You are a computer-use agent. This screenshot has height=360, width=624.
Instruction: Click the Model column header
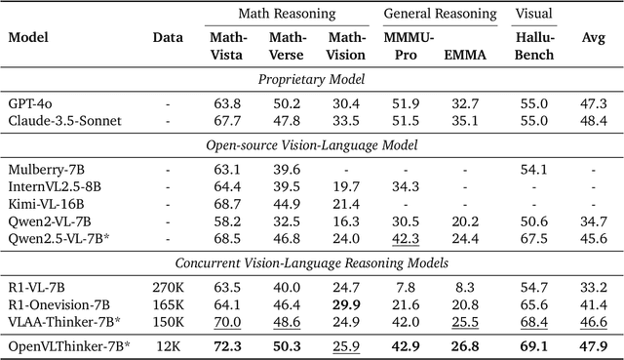coord(28,38)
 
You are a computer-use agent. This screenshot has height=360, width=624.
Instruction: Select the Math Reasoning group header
coord(287,15)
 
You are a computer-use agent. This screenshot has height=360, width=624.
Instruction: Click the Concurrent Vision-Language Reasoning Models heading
coord(311,262)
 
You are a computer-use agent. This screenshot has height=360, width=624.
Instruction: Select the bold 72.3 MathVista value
coord(227,345)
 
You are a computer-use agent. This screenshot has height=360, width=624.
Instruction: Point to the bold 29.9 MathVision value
coord(345,303)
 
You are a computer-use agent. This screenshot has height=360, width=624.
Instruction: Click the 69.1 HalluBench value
coord(532,345)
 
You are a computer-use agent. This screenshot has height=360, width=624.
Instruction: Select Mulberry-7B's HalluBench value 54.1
coord(532,169)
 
